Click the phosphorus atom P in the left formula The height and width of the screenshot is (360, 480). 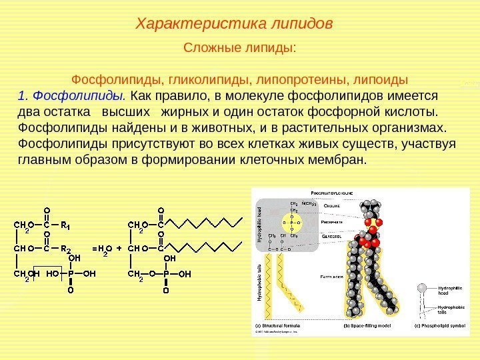pos(71,273)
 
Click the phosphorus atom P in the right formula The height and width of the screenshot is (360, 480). pos(166,273)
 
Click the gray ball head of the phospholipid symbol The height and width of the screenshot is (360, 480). pos(422,288)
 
